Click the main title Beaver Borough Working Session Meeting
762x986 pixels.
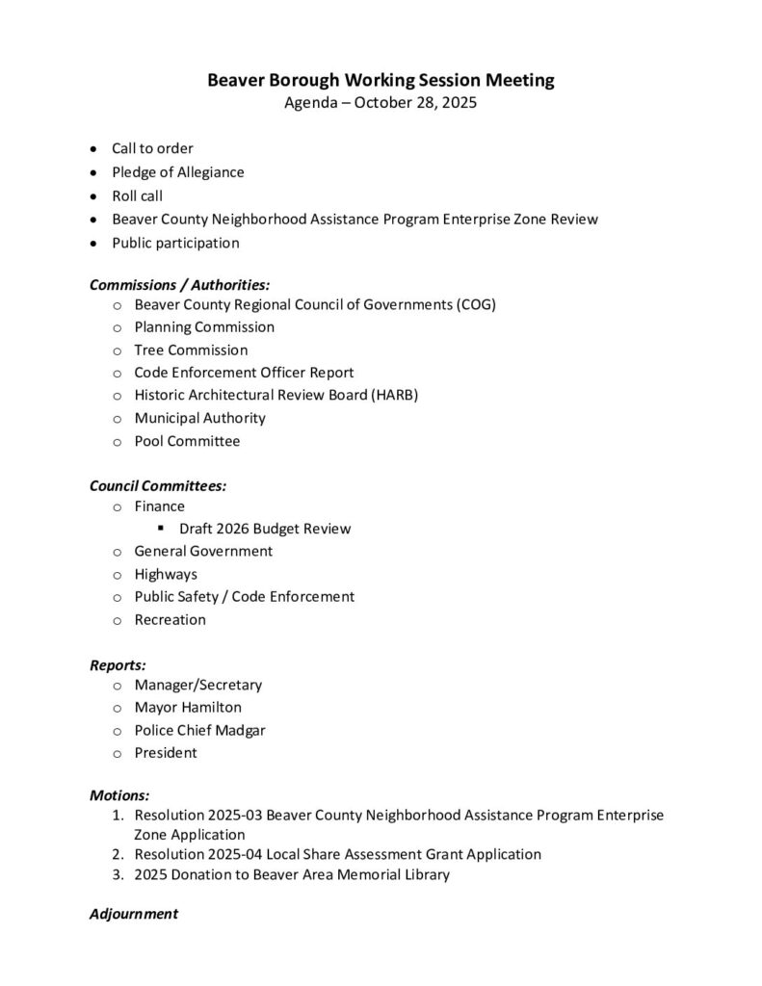[x=381, y=81]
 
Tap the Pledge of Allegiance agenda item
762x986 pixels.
[x=177, y=172]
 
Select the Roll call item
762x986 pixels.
[x=137, y=195]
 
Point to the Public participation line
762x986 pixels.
[x=175, y=243]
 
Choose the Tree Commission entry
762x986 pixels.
[x=191, y=350]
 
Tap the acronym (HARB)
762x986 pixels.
[x=395, y=395]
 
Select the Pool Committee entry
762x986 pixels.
[x=187, y=441]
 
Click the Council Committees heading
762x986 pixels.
[x=158, y=486]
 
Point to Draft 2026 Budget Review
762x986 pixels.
[x=265, y=529]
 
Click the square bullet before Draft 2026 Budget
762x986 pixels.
[x=161, y=528]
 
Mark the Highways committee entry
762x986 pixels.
[x=166, y=574]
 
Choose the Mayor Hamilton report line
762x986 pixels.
[x=188, y=708]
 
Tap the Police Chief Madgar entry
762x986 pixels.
[x=199, y=730]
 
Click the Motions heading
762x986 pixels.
[x=119, y=795]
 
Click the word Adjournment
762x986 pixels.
[x=134, y=914]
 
